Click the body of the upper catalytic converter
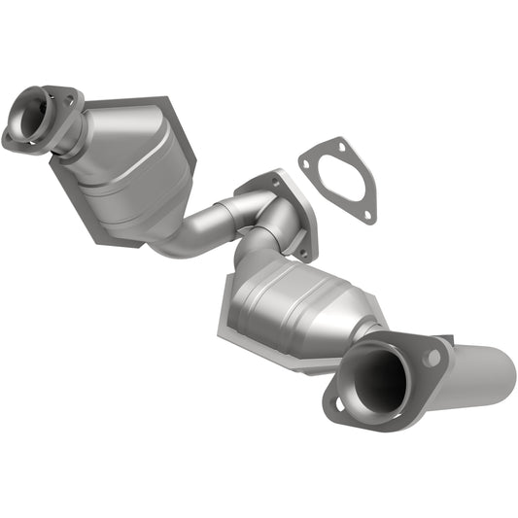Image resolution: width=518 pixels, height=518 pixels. pos(126,155)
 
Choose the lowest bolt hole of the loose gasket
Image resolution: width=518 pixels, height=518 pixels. pos(367,214)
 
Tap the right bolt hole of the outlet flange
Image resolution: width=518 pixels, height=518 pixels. pos(432,359)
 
